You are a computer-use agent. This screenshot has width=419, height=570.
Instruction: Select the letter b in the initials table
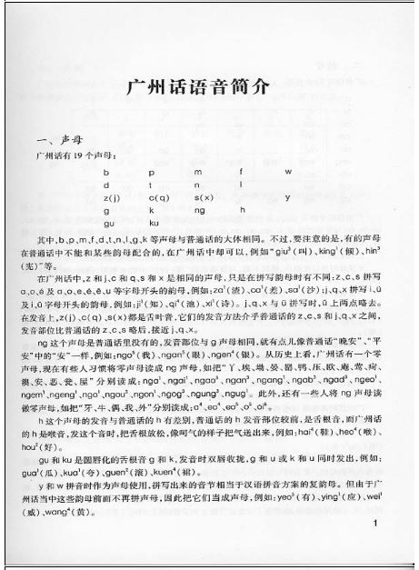pos(105,171)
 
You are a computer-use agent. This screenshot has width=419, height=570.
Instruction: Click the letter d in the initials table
pos(105,183)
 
